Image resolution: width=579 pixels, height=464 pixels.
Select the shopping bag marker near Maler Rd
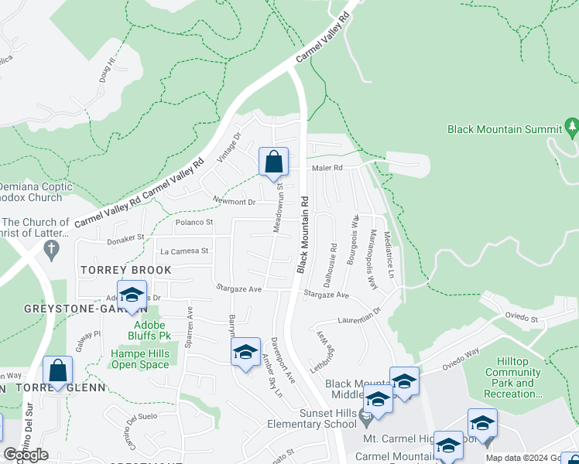[x=273, y=163]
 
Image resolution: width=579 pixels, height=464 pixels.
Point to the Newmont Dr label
[x=235, y=202]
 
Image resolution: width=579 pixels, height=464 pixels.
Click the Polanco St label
[x=194, y=223]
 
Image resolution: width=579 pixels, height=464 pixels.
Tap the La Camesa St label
[x=184, y=251]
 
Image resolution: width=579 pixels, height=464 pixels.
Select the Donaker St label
[x=126, y=239]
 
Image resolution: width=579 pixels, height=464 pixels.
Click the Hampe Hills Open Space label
[x=139, y=359]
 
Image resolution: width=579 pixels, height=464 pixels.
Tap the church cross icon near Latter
[x=52, y=249]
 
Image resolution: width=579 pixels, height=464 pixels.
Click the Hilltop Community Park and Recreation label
[x=513, y=383]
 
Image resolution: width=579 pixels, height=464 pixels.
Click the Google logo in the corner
[x=26, y=455]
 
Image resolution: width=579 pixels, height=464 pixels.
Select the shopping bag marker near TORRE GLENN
[x=57, y=372]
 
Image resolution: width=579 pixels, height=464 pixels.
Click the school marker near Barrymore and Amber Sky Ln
[x=246, y=353]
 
